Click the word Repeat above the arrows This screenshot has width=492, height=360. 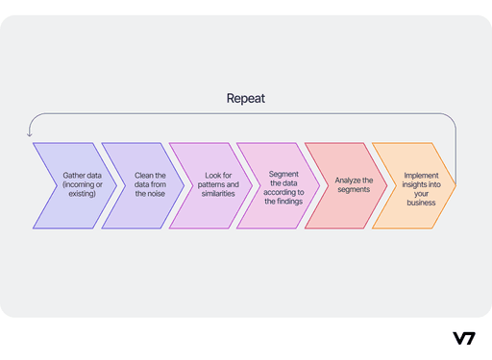(x=245, y=98)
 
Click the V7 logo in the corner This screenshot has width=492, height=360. (x=463, y=338)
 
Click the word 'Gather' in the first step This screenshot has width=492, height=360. (x=64, y=176)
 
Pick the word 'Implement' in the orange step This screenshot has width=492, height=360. (x=422, y=176)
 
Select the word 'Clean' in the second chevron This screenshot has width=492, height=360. (x=139, y=176)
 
